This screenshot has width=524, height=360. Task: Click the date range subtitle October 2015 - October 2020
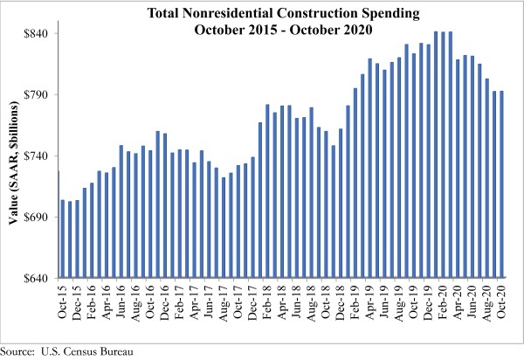(280, 28)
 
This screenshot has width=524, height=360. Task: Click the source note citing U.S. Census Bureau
(65, 351)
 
